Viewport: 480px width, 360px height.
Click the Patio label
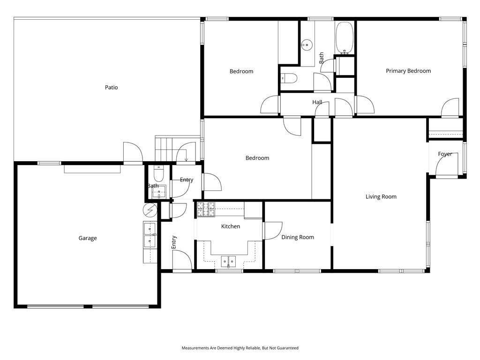click(111, 87)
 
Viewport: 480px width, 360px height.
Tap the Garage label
click(88, 238)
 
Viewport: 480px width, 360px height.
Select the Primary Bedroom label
click(408, 71)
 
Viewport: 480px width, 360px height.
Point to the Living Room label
click(381, 197)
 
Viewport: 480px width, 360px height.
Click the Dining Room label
click(297, 237)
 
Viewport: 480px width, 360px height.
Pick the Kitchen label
click(230, 226)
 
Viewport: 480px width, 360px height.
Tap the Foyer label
click(445, 154)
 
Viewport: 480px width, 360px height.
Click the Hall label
click(317, 102)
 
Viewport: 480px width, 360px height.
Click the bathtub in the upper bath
click(345, 37)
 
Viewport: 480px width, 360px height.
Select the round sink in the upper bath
click(307, 45)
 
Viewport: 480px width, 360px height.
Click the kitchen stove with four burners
click(205, 209)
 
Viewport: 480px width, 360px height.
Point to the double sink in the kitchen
click(229, 261)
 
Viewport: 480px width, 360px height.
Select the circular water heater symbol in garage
click(150, 209)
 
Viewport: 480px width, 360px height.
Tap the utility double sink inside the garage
click(150, 236)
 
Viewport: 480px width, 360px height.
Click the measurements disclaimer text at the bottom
click(240, 348)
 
